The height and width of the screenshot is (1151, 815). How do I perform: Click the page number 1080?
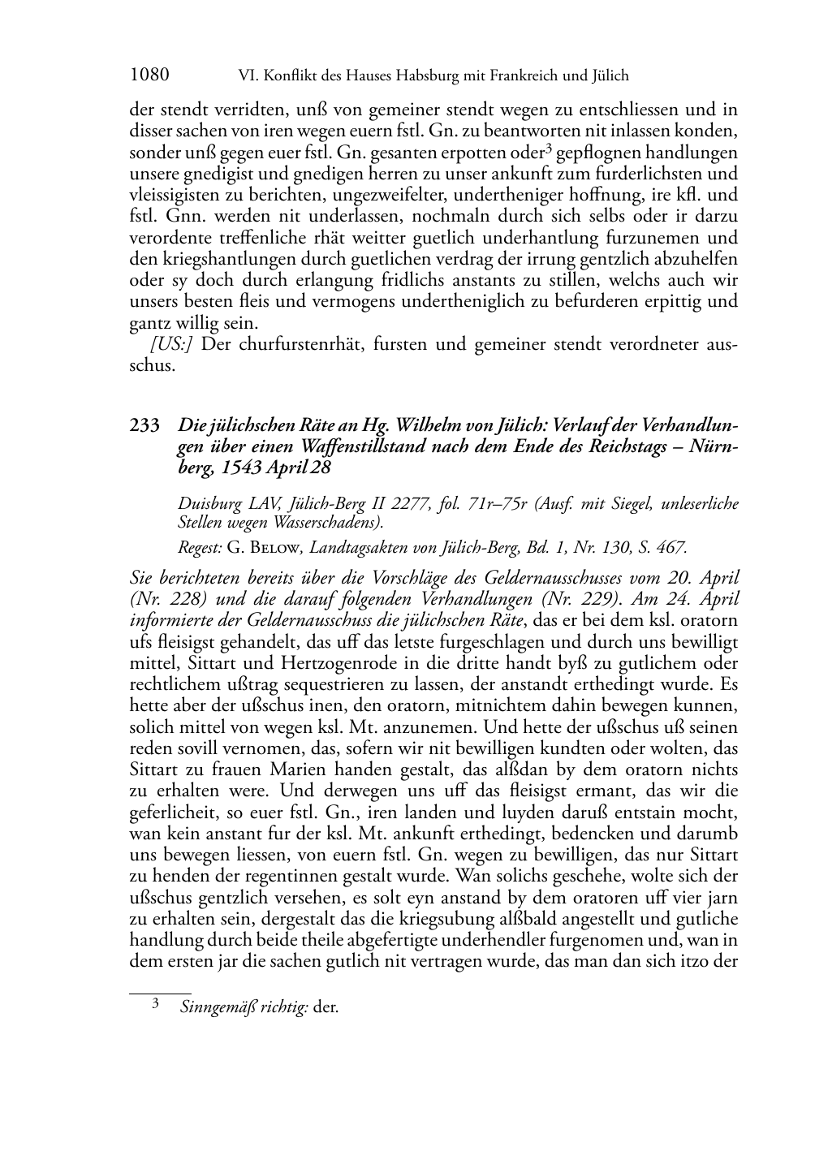149,76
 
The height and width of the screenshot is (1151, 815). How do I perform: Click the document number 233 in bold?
144,425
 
